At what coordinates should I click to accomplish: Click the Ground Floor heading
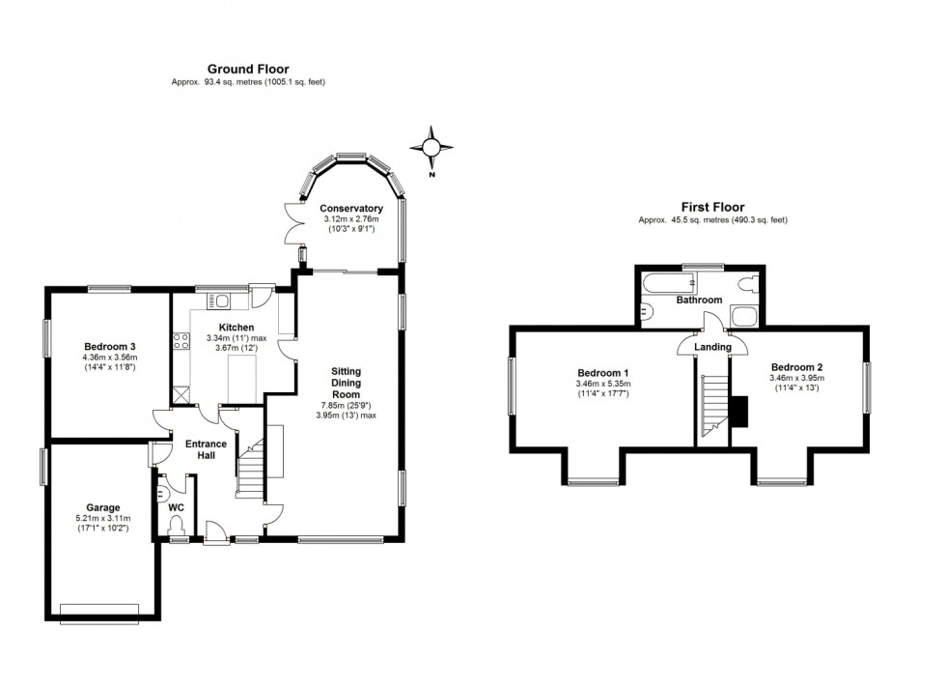click(x=248, y=69)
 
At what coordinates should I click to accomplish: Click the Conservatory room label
click(x=351, y=209)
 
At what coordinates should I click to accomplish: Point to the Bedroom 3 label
click(x=109, y=347)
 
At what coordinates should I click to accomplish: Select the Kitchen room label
click(x=236, y=327)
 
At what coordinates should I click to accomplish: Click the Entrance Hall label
click(x=207, y=450)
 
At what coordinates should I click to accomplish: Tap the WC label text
click(x=177, y=506)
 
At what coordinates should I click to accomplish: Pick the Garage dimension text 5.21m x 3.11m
click(x=103, y=519)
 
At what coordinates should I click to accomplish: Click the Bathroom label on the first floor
click(x=699, y=300)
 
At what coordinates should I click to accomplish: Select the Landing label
click(x=714, y=347)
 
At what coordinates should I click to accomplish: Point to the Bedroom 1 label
click(x=603, y=373)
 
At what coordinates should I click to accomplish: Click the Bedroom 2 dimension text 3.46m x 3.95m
click(x=796, y=379)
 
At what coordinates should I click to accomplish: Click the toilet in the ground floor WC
click(x=176, y=525)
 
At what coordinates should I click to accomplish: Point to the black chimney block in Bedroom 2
click(x=738, y=411)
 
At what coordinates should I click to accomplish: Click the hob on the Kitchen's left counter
click(x=180, y=340)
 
